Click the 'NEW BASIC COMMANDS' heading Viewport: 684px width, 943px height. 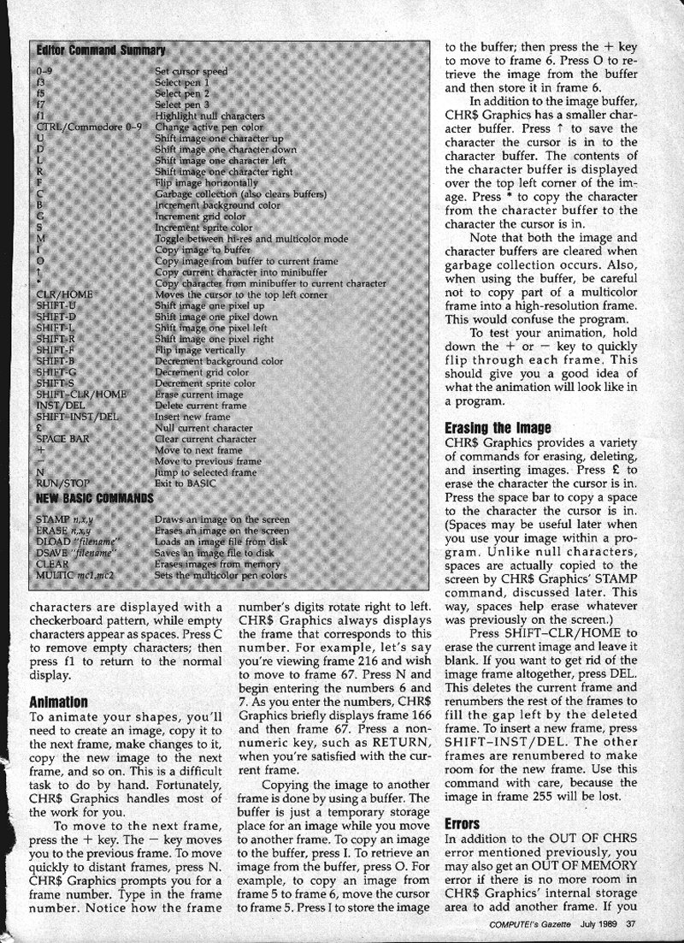pos(95,498)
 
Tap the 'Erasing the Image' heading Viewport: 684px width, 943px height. pos(498,428)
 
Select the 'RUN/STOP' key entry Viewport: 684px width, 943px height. pos(63,483)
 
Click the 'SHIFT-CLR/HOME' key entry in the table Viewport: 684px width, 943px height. pos(81,394)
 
